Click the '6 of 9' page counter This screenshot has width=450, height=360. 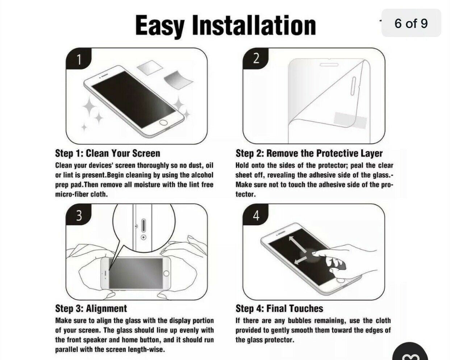pos(411,23)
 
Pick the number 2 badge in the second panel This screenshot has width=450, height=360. pos(255,58)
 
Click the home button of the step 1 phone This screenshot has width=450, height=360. pos(163,123)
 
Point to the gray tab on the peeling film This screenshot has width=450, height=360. pos(350,120)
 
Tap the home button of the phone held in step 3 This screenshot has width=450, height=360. pos(166,273)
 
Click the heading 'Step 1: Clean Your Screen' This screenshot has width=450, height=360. pos(108,153)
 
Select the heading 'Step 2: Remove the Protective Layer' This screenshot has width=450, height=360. pos(309,153)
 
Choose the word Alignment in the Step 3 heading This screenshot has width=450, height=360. pos(107,309)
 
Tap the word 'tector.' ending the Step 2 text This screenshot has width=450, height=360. pos(246,194)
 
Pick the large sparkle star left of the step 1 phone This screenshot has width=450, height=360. pos(89,107)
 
